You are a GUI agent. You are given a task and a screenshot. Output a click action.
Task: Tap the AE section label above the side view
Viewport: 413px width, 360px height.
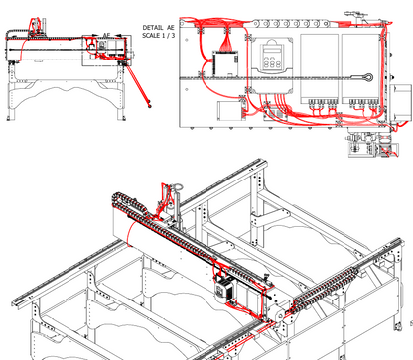106,35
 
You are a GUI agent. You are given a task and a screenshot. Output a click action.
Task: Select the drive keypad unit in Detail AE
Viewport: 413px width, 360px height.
272,64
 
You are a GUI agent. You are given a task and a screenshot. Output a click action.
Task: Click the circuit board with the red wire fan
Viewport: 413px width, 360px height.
225,62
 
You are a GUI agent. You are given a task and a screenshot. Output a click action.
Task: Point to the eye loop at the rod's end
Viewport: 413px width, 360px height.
367,77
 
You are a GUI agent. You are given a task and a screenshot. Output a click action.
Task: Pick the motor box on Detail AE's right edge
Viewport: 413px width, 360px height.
401,102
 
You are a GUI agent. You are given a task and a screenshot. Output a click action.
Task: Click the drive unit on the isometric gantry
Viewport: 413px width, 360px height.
224,290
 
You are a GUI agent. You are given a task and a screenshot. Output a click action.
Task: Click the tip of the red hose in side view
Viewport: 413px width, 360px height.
150,106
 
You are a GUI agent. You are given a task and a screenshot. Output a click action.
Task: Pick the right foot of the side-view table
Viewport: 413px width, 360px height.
123,118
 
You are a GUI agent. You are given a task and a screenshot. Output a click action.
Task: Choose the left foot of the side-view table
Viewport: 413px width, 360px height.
10,118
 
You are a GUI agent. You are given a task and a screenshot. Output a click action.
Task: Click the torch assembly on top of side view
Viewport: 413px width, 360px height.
37,27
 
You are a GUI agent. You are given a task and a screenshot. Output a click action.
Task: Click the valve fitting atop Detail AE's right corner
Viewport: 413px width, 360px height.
355,16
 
